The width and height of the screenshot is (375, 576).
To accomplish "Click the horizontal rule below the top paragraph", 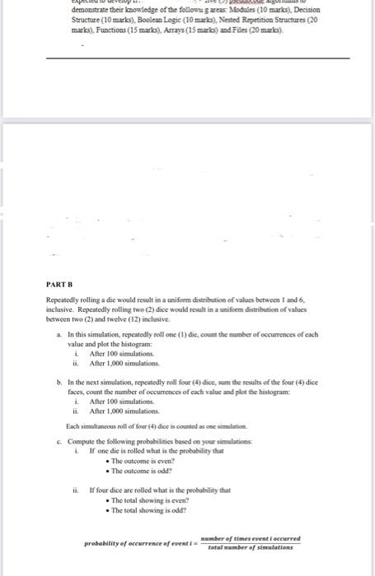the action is click(x=197, y=58).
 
